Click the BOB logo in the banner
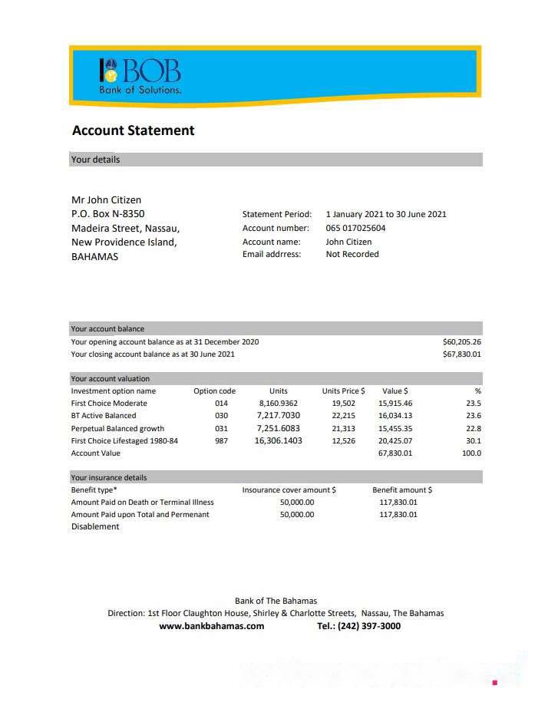[140, 75]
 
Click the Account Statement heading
[133, 130]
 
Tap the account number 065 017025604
[355, 228]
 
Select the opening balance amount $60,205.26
[461, 341]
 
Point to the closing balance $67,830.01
[461, 354]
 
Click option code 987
[221, 441]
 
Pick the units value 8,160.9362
[278, 404]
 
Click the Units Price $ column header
[343, 391]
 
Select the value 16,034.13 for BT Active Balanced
[395, 416]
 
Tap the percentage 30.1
[474, 441]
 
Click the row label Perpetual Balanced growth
[117, 429]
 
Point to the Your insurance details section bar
[276, 477]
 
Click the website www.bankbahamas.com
[211, 626]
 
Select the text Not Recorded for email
[352, 254]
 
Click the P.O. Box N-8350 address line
[107, 214]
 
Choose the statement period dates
[385, 215]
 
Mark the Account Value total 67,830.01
[395, 453]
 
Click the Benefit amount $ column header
[401, 489]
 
